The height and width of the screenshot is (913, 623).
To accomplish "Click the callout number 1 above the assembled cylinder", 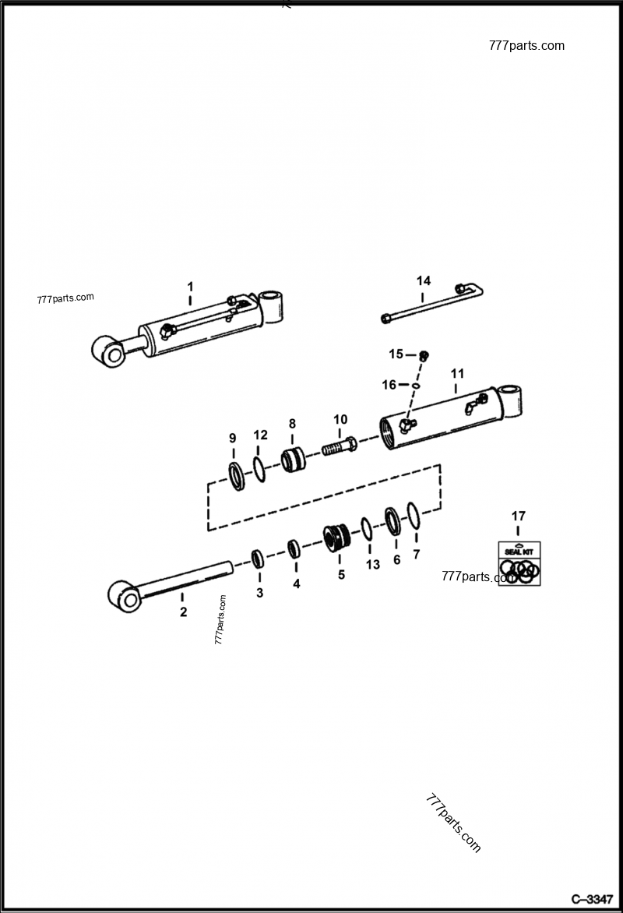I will tap(189, 287).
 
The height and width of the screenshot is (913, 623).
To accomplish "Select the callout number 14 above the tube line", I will tap(423, 280).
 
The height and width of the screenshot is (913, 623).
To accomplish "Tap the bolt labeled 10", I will tap(339, 448).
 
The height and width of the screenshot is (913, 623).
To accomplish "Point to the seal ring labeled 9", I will tap(235, 475).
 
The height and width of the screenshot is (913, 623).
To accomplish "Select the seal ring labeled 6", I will tap(393, 521).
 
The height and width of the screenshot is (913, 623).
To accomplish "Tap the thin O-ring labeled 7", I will tap(414, 515).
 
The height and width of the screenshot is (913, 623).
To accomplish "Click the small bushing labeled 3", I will tap(258, 559).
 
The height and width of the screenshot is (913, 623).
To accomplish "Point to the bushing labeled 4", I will tap(294, 548).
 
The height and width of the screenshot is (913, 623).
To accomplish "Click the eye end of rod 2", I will tap(123, 597).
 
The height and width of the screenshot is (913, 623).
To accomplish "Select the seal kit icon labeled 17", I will tap(519, 564).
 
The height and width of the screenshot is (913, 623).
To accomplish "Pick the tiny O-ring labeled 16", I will tap(417, 385).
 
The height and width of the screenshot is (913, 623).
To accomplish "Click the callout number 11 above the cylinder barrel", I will tap(456, 373).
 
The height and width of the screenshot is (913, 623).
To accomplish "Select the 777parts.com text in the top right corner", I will tap(526, 45).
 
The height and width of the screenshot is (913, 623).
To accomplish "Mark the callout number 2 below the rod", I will tap(183, 612).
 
